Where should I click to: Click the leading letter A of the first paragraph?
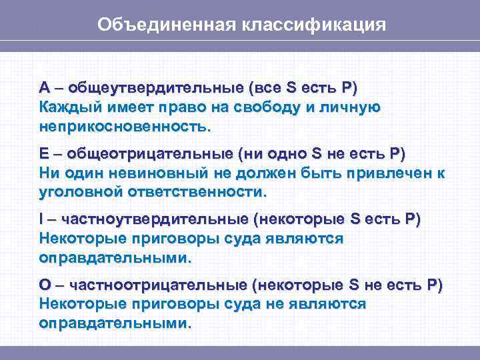pyautogui.click(x=44, y=88)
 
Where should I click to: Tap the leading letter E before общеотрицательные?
pyautogui.click(x=44, y=154)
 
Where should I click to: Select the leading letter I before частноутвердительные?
pyautogui.click(x=41, y=219)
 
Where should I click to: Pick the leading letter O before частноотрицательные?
pyautogui.click(x=45, y=285)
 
